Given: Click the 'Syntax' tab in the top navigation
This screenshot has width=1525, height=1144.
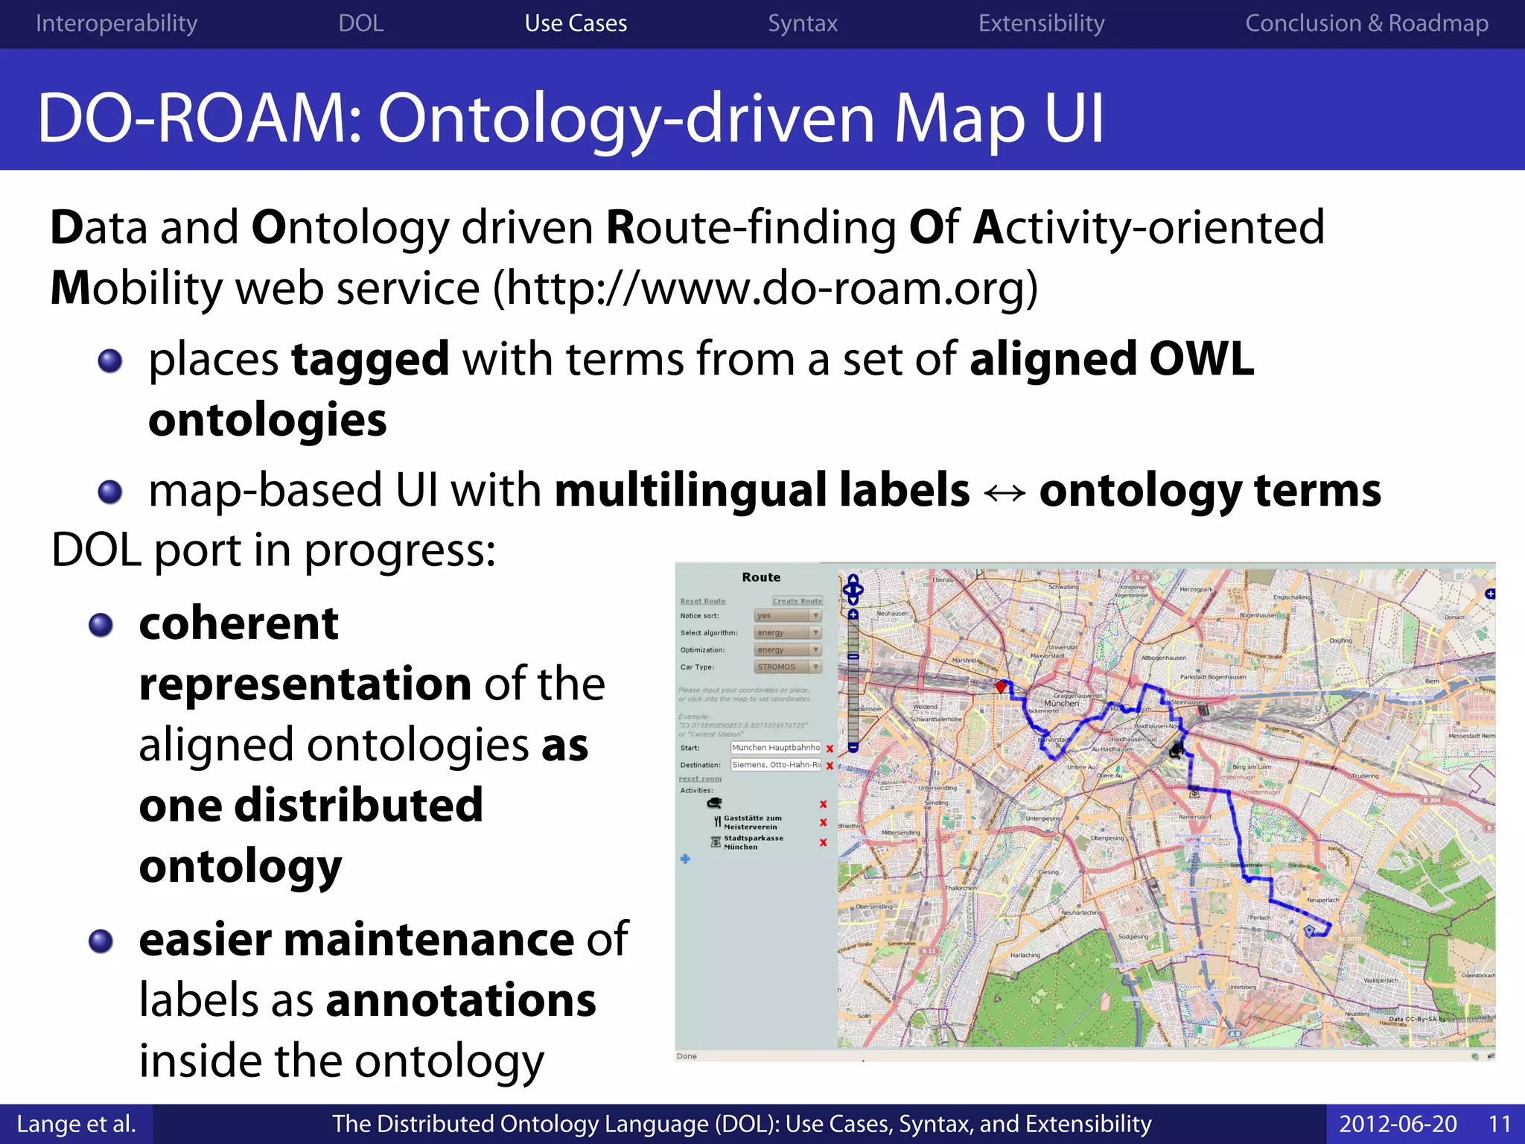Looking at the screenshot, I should tap(802, 23).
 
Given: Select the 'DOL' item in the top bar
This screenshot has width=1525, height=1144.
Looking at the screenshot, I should tap(361, 23).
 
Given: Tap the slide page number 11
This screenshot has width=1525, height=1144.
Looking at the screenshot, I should tap(1499, 1124).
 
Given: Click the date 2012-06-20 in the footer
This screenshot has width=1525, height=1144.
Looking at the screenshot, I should tap(1398, 1124).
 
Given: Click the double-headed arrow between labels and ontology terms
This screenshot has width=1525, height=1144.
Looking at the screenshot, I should tap(1005, 492).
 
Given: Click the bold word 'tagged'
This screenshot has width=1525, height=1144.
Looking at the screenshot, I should tap(370, 360).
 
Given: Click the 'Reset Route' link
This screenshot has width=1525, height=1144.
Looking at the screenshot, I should tap(702, 601).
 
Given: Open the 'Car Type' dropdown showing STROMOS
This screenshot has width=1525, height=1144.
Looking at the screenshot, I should tap(788, 667).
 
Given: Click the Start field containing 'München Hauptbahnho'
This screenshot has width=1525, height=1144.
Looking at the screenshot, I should tap(775, 748).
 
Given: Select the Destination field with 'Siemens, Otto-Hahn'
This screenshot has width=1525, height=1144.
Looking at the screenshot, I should tap(775, 765).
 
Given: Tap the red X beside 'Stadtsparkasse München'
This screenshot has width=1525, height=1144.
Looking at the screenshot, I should tap(824, 843).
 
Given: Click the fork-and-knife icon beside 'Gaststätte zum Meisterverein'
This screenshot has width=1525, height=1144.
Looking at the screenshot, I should tap(717, 822).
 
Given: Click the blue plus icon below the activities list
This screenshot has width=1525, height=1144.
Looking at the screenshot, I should tap(685, 859).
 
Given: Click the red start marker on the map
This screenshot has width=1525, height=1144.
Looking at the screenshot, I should tap(1002, 686).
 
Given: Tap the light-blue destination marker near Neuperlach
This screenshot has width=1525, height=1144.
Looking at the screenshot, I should tap(1309, 930).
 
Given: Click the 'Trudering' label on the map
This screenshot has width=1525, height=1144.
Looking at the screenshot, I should tap(1365, 776).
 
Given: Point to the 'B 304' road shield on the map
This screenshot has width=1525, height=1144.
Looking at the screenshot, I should tap(1432, 800).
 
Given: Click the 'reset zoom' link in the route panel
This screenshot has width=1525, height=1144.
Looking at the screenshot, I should tap(700, 779).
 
